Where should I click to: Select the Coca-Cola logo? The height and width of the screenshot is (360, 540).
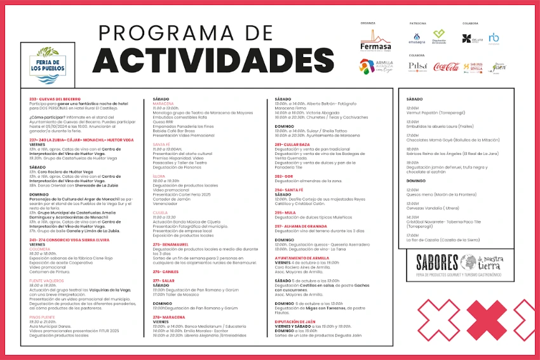click(446, 67)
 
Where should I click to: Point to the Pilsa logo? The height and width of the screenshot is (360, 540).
click(417, 67)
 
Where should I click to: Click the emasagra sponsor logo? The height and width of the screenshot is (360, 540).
click(417, 39)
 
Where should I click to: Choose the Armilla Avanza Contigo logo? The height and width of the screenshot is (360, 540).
click(376, 67)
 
